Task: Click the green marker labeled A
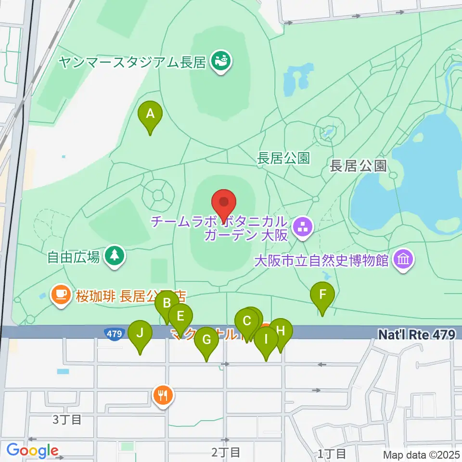point(150,115)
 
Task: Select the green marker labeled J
point(140,334)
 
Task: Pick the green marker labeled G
point(206,341)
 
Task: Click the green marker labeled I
point(266,340)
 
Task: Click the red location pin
point(223,203)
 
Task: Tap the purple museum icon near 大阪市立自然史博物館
point(403,260)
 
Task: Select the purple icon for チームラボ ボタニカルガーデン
point(303,229)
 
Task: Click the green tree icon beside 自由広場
point(114,256)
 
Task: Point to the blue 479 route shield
point(113,333)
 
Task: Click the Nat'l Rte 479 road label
point(416,334)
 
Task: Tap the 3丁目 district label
point(66,419)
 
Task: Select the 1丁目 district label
point(332,453)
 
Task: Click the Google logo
point(33,451)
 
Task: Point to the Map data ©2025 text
point(421,454)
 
